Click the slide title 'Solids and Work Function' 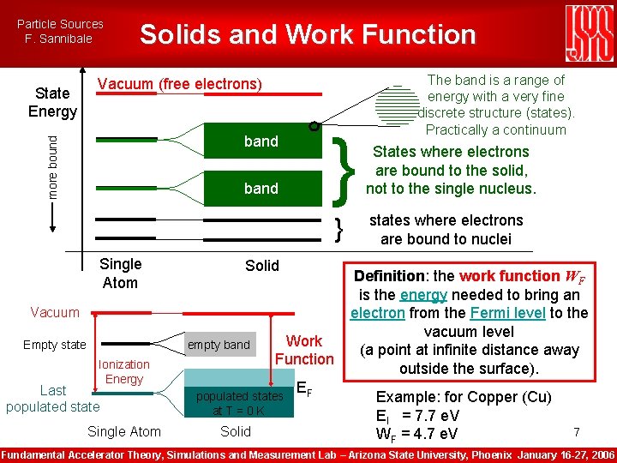(308, 34)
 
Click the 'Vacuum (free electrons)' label (179, 84)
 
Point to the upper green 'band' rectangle (261, 141)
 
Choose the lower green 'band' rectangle (261, 188)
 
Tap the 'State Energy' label (52, 102)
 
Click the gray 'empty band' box (219, 345)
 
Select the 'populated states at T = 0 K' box (239, 402)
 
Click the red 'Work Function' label (304, 350)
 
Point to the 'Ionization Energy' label (124, 371)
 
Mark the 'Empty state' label (55, 345)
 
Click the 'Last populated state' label (53, 398)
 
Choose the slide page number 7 (577, 431)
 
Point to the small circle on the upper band (314, 126)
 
